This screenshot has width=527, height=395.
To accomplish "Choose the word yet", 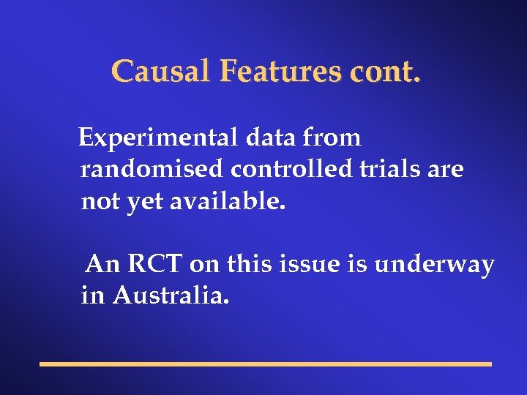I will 146,203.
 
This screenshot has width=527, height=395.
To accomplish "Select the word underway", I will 434,265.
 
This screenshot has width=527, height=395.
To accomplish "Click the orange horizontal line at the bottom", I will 265,364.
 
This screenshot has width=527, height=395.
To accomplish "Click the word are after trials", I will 446,170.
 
